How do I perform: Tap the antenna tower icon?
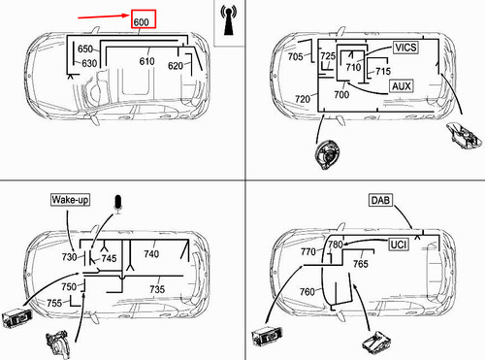pos(229,19)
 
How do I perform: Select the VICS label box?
pos(405,48)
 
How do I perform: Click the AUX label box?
pos(402,86)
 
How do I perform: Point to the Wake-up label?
pos(70,200)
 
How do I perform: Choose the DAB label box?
pos(380,200)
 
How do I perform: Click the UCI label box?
pos(399,245)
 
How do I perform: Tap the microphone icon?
pos(118,204)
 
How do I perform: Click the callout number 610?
pos(146,61)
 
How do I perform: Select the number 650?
pos(85,49)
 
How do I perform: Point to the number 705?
pos(296,57)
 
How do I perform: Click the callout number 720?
pos(303,99)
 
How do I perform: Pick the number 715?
pos(383,71)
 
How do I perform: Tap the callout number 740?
pos(151,254)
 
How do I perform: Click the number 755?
pos(54,303)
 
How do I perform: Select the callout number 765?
pos(361,264)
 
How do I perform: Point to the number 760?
pos(307,292)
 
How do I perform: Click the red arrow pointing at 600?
pos(104,16)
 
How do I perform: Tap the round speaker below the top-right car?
pos(327,155)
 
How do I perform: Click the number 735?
pos(157,289)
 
